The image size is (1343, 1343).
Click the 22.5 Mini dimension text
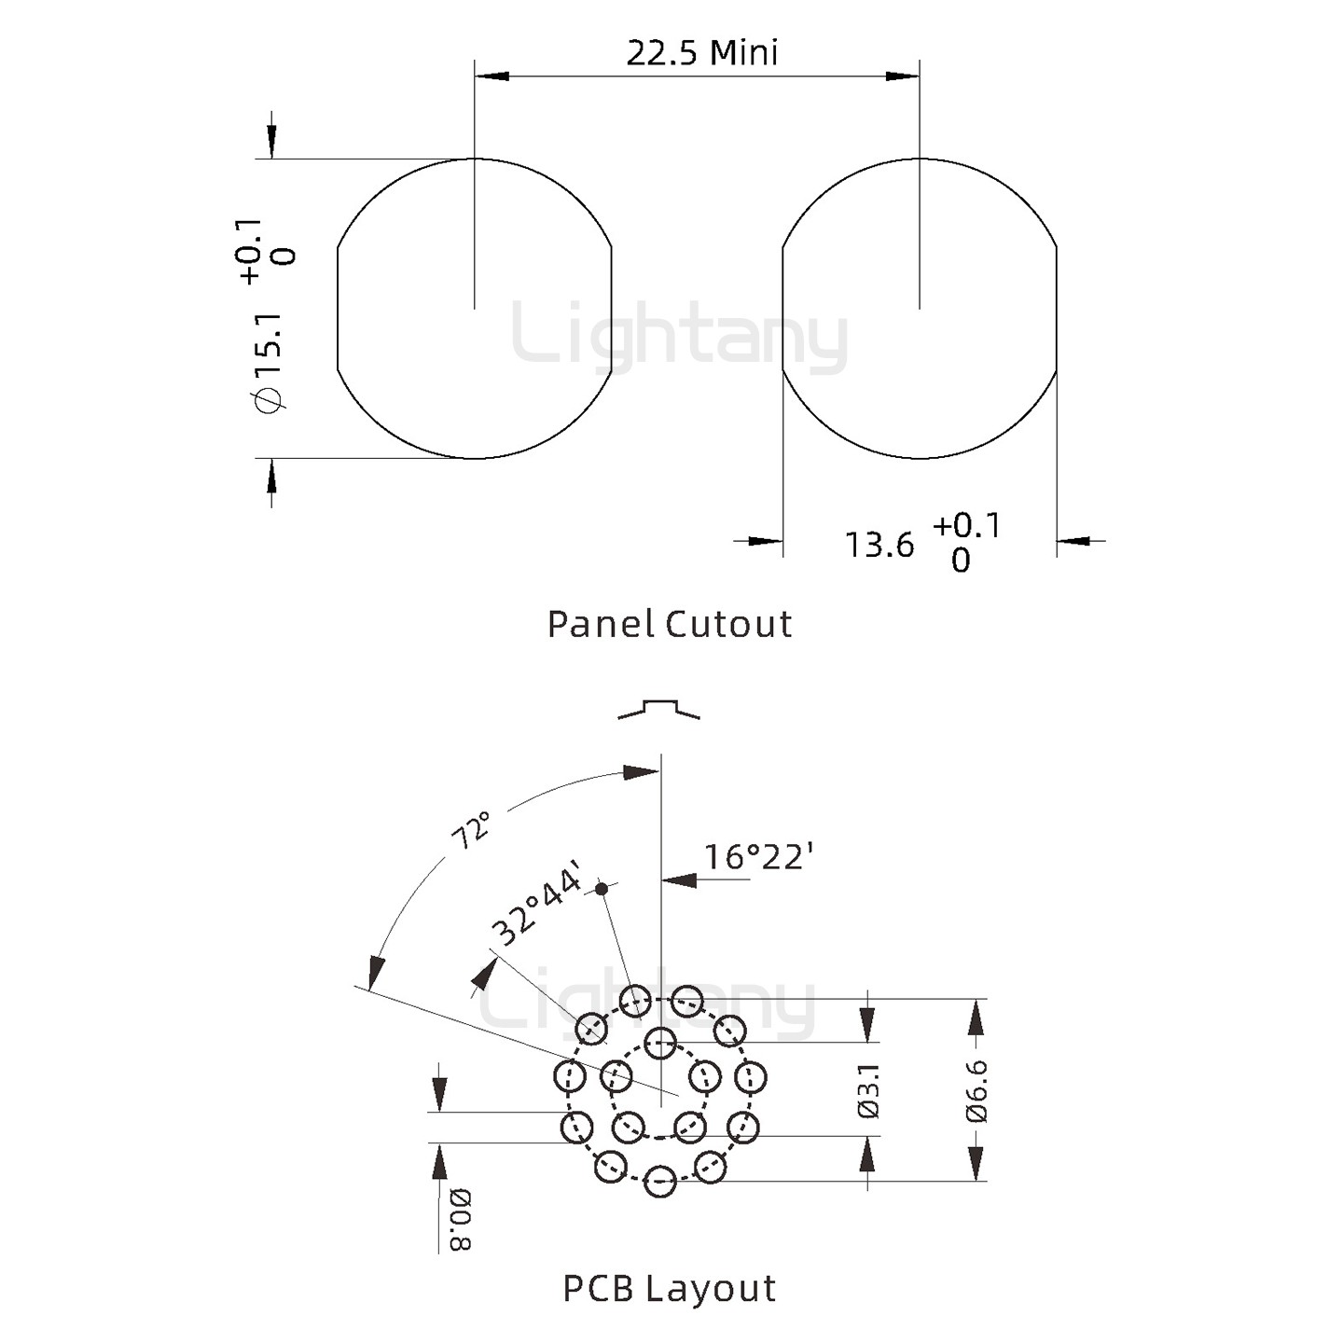701,53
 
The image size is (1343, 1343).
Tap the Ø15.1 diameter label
270,363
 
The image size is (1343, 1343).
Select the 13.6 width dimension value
879,545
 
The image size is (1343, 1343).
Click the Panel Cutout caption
669,624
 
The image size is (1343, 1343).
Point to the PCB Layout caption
669,1289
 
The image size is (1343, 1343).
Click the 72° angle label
471,829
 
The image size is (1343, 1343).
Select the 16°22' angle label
759,856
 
